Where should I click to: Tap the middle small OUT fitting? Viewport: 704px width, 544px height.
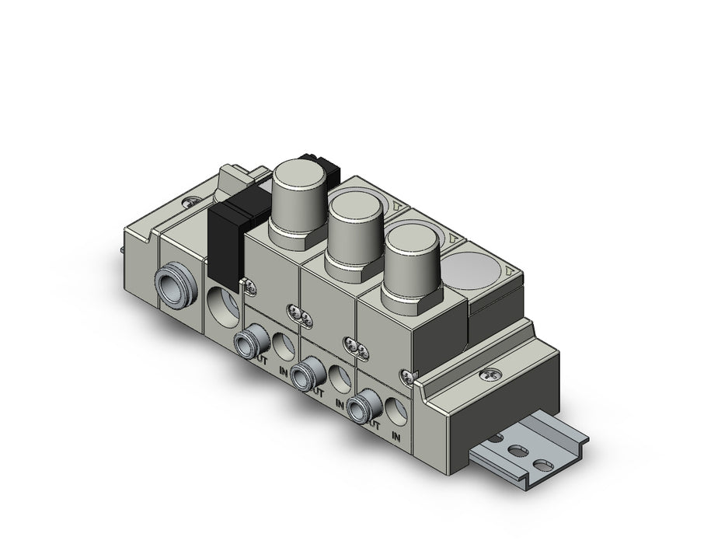coord(308,364)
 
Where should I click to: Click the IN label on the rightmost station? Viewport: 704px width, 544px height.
coord(398,437)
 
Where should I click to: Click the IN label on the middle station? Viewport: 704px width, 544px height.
coord(340,402)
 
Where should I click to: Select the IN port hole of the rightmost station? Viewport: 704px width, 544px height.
coord(397,408)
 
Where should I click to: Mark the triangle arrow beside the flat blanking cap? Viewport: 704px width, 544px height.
coord(509,272)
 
